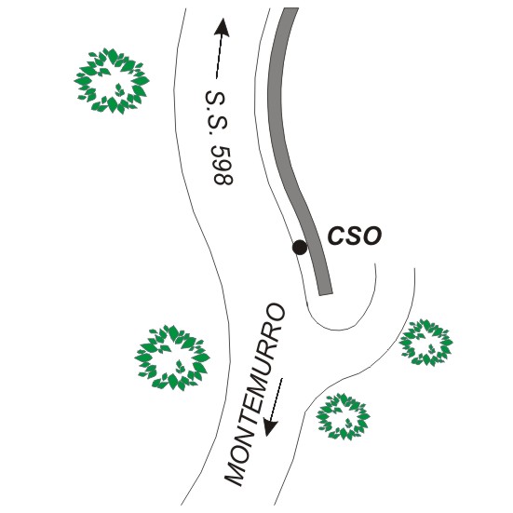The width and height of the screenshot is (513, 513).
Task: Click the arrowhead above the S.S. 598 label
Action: (223, 27)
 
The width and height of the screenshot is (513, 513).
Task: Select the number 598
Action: (223, 166)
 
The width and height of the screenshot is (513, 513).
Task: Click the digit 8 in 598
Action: (224, 179)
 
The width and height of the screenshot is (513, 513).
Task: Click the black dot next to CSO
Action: (300, 248)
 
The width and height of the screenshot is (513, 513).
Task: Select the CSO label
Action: (355, 236)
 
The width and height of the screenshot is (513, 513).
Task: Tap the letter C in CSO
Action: (336, 236)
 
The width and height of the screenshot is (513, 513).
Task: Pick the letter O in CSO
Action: (372, 236)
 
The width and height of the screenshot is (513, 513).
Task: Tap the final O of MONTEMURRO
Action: (276, 313)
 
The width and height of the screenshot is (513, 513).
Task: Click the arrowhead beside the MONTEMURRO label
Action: (271, 427)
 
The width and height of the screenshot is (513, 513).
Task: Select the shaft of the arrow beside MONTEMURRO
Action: (277, 399)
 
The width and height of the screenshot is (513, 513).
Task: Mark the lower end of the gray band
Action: (326, 294)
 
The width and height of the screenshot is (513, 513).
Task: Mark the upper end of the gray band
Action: (290, 8)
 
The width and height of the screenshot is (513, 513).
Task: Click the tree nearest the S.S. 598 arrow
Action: (112, 81)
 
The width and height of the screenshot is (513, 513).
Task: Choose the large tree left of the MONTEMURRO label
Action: (172, 358)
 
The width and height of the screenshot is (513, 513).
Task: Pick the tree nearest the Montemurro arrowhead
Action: (343, 416)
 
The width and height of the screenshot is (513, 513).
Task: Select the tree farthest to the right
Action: (426, 343)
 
